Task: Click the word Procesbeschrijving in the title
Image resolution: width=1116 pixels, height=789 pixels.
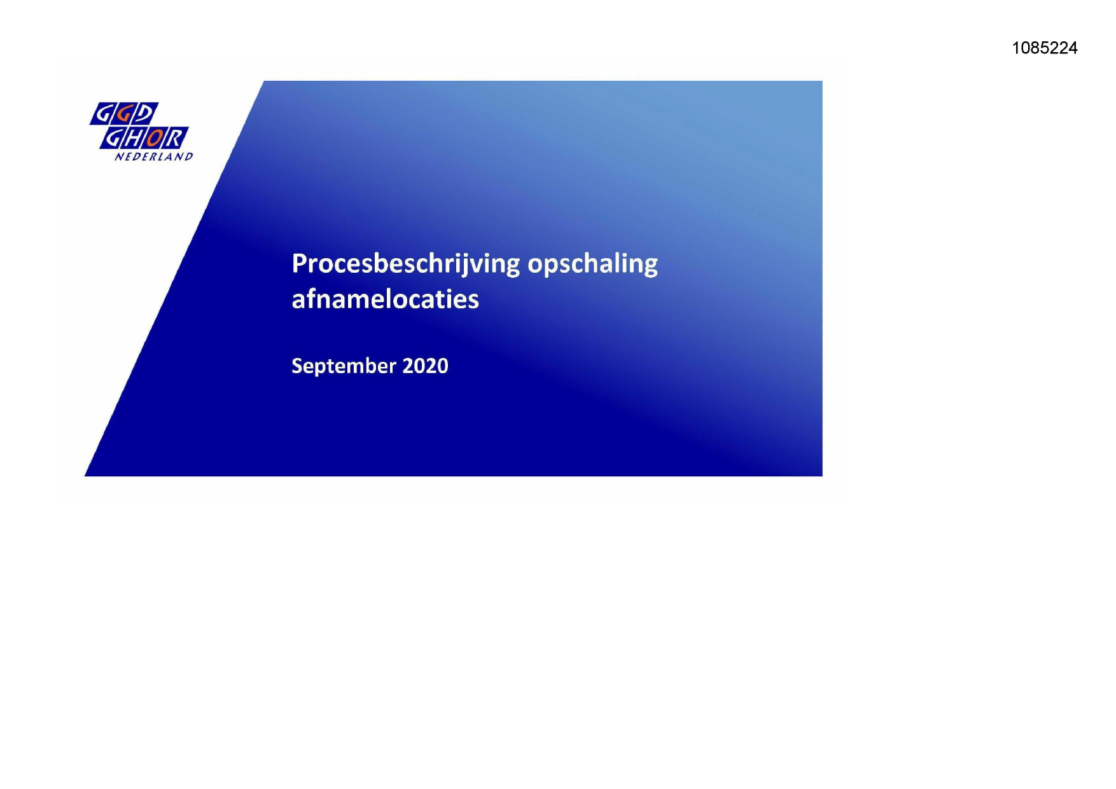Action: [406, 264]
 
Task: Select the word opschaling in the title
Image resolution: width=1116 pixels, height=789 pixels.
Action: [593, 264]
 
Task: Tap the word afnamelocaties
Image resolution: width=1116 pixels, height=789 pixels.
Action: [385, 299]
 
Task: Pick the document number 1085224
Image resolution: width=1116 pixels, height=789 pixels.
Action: [1045, 48]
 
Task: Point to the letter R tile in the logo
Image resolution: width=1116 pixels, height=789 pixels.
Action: [177, 139]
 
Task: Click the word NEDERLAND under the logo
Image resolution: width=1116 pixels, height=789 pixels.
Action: [153, 156]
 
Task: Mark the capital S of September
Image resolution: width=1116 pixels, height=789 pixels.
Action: [297, 366]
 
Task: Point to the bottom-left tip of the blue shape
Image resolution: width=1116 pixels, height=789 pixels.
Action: [85, 476]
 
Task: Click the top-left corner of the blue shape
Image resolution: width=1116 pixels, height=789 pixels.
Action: [264, 81]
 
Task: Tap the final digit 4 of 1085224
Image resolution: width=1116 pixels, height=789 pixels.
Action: [1073, 48]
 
